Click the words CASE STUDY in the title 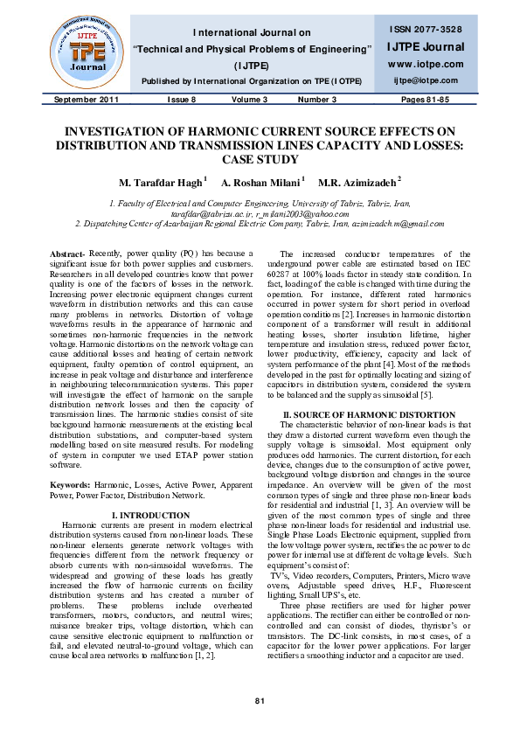pyautogui.click(x=260, y=160)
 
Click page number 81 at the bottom pyautogui.click(x=260, y=702)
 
